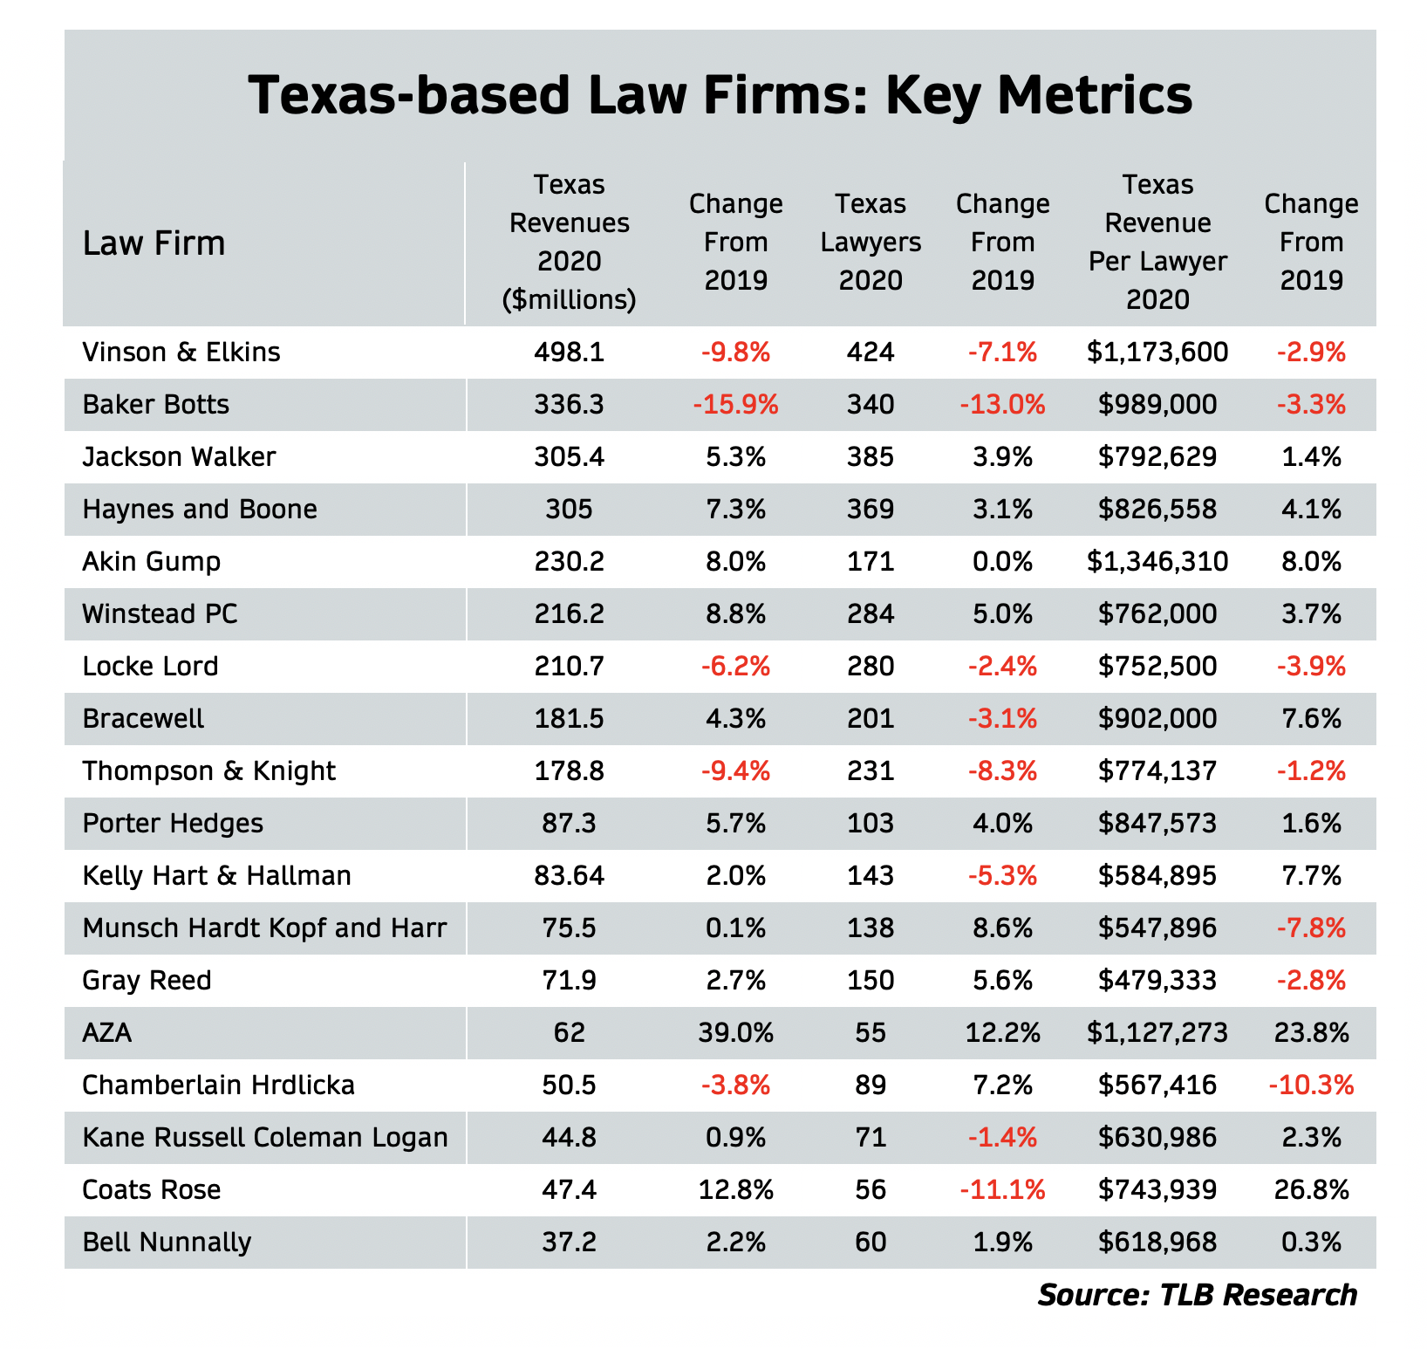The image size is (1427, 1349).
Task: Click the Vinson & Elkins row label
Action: coord(181,353)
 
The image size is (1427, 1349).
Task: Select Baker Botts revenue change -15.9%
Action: coord(735,405)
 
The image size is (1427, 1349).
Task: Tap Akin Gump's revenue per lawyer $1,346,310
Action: coord(1157,562)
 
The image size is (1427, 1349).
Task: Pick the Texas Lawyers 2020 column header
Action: coord(871,243)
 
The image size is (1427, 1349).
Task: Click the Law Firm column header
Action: coord(154,243)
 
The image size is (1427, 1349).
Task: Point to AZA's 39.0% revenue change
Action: coord(735,1033)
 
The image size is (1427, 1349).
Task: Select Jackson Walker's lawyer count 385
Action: coord(871,457)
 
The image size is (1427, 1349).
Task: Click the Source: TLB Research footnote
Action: coord(1197,1295)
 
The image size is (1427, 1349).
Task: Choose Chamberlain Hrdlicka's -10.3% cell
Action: coord(1311,1085)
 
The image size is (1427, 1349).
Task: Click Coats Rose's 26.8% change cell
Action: coord(1311,1190)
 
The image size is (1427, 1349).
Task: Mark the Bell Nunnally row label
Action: coord(167,1243)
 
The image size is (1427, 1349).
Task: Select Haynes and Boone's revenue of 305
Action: coord(569,510)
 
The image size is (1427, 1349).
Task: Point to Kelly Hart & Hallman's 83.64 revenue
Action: coord(569,876)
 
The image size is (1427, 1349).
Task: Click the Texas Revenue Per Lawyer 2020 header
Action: coord(1157,243)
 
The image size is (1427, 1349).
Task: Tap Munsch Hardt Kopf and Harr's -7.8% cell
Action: coord(1311,928)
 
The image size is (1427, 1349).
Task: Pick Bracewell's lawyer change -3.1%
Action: coord(1002,719)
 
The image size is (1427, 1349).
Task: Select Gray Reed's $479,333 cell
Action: coord(1157,981)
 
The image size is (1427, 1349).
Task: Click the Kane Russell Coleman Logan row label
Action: coord(265,1138)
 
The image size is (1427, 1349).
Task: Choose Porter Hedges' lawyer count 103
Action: coord(871,824)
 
